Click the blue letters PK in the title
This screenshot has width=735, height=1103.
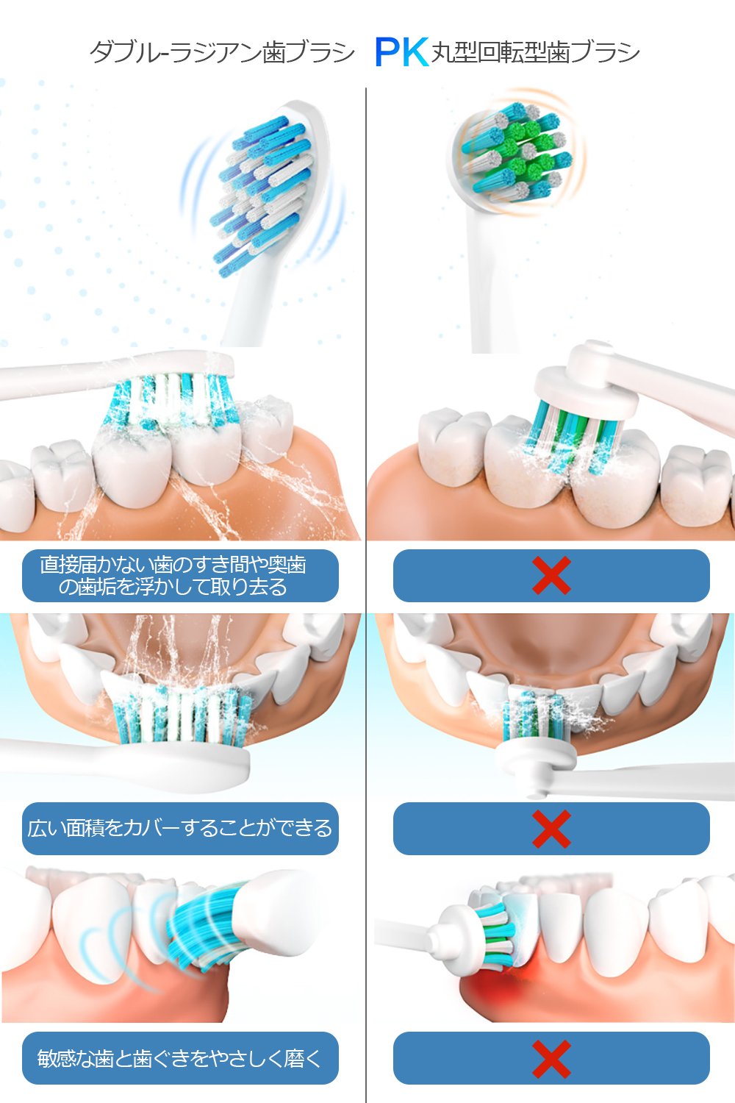click(401, 52)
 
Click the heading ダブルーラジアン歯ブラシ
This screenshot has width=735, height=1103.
click(222, 52)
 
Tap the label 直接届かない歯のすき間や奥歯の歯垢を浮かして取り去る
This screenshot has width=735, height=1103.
click(173, 576)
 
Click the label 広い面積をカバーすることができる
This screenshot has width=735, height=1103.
click(180, 828)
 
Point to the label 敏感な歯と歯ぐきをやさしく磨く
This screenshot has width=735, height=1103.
click(179, 1058)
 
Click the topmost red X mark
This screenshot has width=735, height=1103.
click(551, 575)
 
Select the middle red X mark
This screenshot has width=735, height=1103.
click(551, 829)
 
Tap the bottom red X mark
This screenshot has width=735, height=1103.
click(551, 1059)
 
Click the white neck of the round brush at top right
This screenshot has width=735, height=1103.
click(495, 281)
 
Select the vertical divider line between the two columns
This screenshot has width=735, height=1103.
click(366, 596)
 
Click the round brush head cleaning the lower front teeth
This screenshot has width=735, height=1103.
click(535, 741)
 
